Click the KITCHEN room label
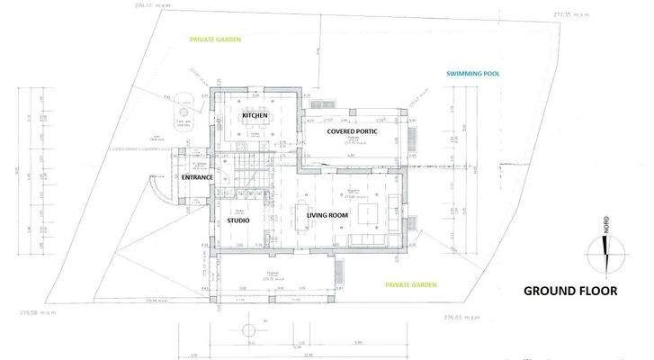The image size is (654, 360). click(x=254, y=118)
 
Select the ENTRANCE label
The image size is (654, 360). click(x=197, y=177)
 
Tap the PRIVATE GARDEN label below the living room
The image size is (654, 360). click(x=411, y=285)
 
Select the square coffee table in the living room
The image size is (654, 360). click(x=367, y=213)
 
